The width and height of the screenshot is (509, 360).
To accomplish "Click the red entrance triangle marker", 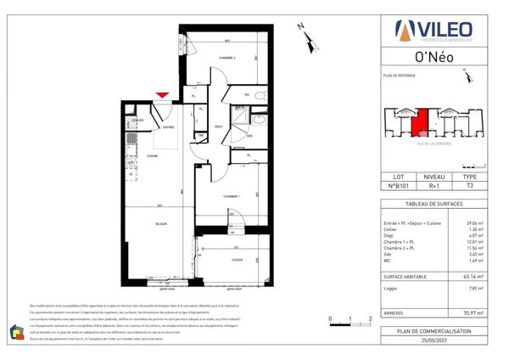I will point(162,95).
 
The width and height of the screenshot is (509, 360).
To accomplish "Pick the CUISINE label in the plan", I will point(153,155).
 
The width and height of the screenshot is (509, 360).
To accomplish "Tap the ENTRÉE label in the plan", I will point(168,128).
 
